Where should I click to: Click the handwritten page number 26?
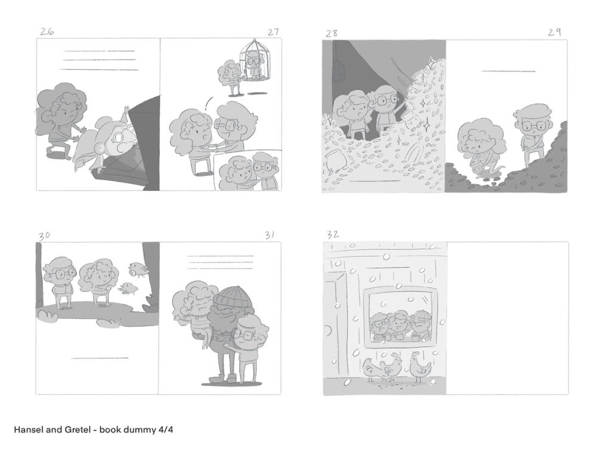(x=47, y=32)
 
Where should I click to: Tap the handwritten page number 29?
(x=554, y=32)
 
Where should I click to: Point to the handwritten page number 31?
(x=270, y=235)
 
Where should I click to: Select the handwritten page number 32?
(x=332, y=234)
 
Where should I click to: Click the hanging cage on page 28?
(x=339, y=70)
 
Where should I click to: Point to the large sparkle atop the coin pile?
(x=431, y=62)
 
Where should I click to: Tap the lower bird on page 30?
(x=129, y=288)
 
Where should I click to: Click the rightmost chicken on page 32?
(x=420, y=367)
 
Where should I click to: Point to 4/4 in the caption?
(x=166, y=429)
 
